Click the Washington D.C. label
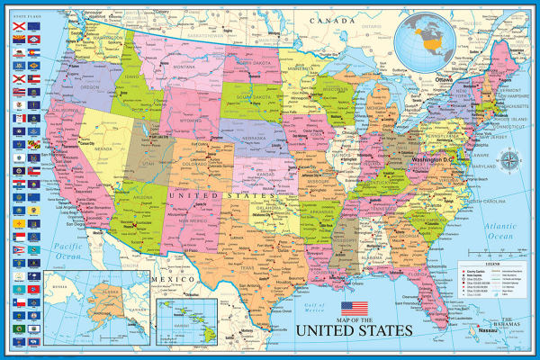[x=437, y=159]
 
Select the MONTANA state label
[x=184, y=66]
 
